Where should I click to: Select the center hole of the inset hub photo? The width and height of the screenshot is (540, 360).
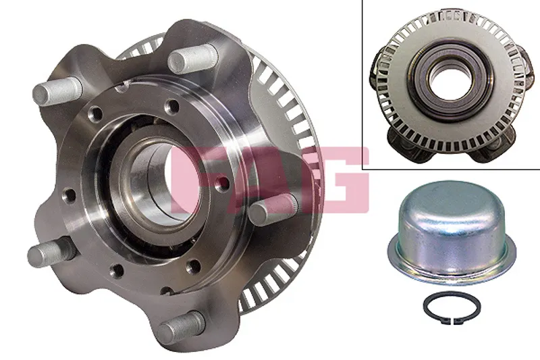[x=448, y=82]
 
